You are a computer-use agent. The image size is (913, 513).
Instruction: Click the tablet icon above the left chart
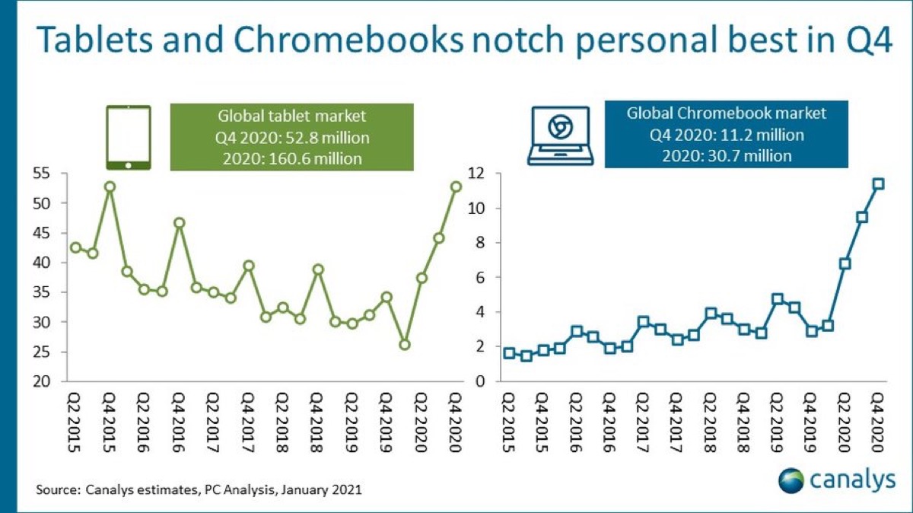click(128, 138)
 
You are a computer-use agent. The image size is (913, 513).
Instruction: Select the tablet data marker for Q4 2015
click(110, 186)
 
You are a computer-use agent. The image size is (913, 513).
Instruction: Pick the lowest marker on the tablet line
click(405, 345)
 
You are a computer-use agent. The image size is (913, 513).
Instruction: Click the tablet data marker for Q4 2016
click(180, 223)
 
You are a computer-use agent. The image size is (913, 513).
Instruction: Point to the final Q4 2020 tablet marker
click(456, 186)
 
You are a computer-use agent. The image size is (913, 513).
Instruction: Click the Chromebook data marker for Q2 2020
click(845, 263)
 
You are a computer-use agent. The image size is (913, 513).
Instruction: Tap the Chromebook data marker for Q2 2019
click(778, 299)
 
